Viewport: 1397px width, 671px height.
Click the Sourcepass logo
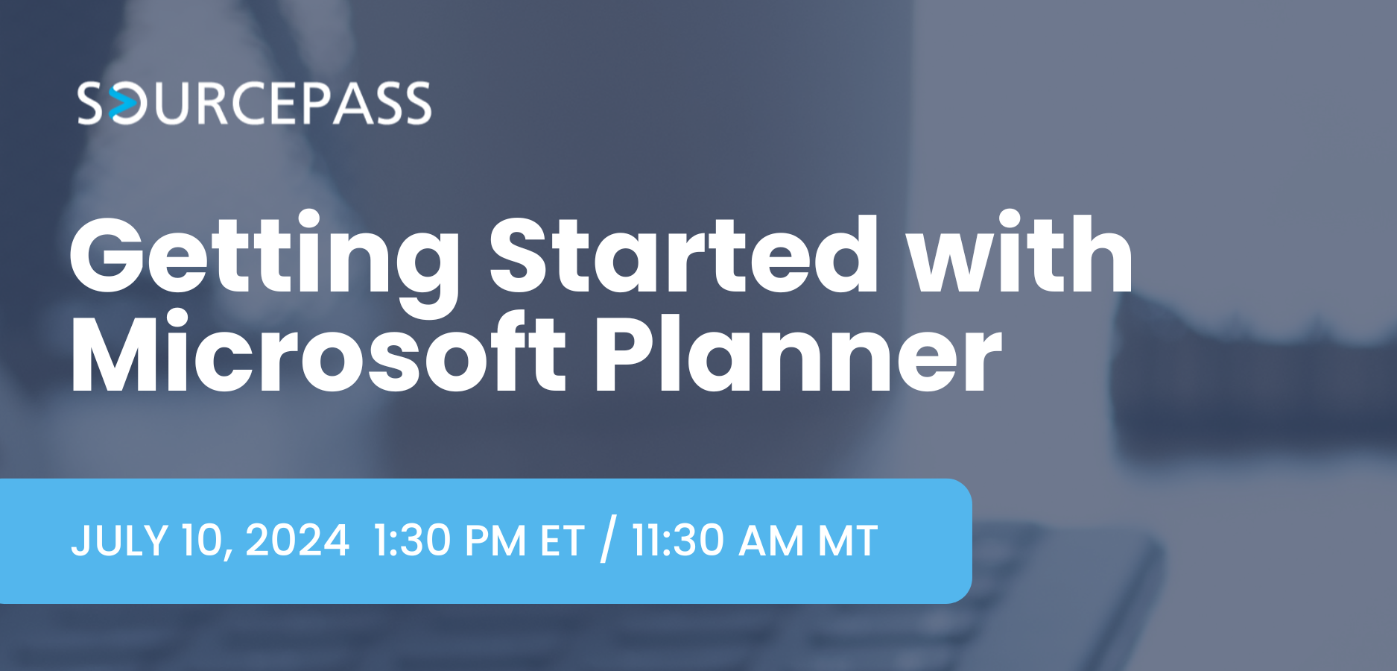[254, 103]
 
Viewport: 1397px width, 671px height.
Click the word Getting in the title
[264, 257]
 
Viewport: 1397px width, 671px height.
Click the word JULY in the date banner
[119, 541]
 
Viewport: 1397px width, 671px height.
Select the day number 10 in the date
[205, 541]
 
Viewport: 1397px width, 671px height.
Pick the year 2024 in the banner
[297, 541]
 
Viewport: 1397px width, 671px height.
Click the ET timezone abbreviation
[562, 541]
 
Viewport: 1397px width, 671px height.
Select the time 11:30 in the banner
[677, 541]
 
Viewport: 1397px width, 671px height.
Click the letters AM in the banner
[770, 541]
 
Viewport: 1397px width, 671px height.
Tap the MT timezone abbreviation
[848, 541]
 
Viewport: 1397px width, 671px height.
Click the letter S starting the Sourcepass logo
[91, 104]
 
